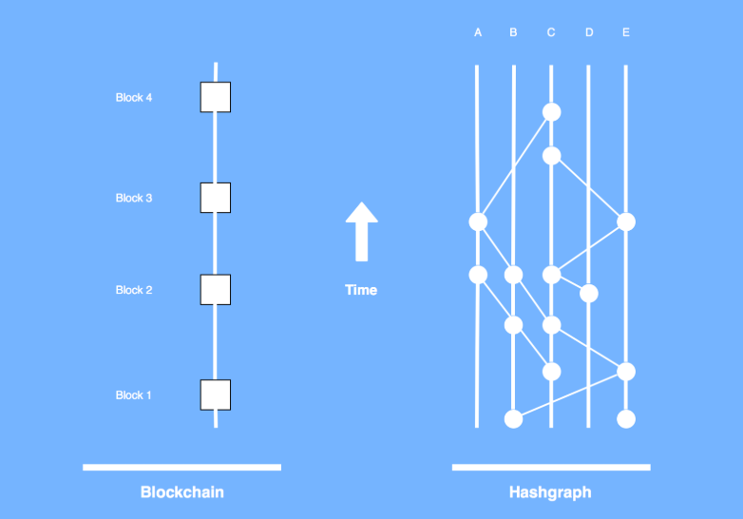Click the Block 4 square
point(216,97)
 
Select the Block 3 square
point(216,198)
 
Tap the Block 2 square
point(216,290)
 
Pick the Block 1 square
point(216,394)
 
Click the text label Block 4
point(134,98)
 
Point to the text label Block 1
point(133,395)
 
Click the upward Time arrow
point(362,231)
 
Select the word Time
point(361,290)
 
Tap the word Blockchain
point(182,492)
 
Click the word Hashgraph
point(550,492)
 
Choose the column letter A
point(478,32)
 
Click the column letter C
point(551,32)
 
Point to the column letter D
point(589,32)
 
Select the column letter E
point(626,32)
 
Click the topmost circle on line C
point(552,112)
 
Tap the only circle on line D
point(589,294)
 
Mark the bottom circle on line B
point(514,419)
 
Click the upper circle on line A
point(478,221)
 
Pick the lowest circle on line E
point(626,419)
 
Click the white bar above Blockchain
point(182,468)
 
